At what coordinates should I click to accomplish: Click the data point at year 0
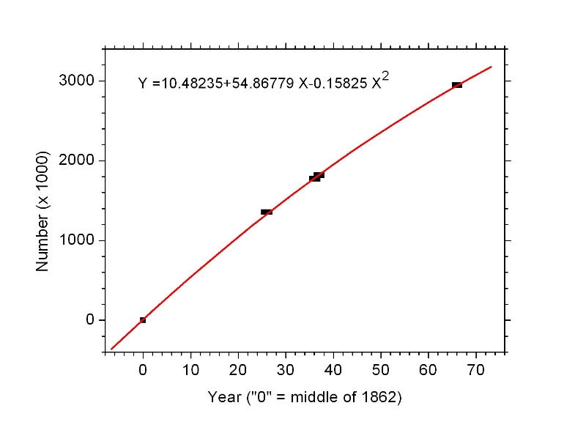[x=143, y=320]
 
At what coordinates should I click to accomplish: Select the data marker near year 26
[x=267, y=212]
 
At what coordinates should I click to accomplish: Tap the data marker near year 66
[x=457, y=85]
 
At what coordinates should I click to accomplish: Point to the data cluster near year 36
[x=316, y=177]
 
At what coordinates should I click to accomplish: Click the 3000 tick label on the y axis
[x=76, y=81]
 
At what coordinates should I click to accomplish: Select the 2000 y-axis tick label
[x=76, y=160]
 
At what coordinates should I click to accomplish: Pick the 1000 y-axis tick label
[x=76, y=240]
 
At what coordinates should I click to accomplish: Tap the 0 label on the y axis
[x=90, y=320]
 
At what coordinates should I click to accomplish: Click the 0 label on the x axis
[x=143, y=369]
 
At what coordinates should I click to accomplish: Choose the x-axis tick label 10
[x=190, y=369]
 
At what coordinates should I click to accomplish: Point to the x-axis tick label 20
[x=238, y=369]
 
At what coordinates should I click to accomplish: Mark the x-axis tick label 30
[x=286, y=369]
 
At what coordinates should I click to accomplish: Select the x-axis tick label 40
[x=333, y=369]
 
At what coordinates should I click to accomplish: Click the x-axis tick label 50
[x=381, y=369]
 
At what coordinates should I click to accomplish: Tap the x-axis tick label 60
[x=429, y=369]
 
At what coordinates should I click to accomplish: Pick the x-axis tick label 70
[x=476, y=369]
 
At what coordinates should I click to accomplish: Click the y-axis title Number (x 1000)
[x=43, y=211]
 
